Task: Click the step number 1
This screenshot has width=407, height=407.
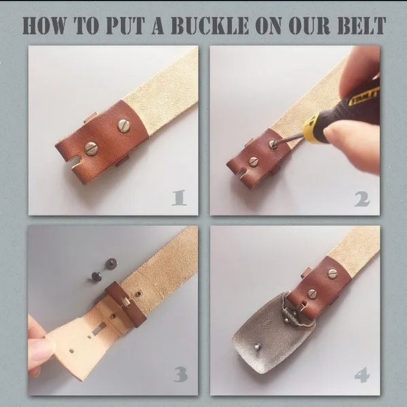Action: pyautogui.click(x=180, y=198)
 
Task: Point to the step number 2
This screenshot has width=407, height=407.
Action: pyautogui.click(x=362, y=199)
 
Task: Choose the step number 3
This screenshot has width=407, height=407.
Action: pyautogui.click(x=181, y=374)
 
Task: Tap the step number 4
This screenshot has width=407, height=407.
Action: pyautogui.click(x=361, y=375)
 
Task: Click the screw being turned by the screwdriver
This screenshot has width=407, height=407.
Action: pyautogui.click(x=272, y=144)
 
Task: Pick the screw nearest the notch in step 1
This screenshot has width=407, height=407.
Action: pyautogui.click(x=91, y=149)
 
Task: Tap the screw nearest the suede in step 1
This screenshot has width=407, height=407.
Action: pyautogui.click(x=124, y=126)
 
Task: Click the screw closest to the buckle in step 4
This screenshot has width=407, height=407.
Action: pyautogui.click(x=312, y=293)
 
